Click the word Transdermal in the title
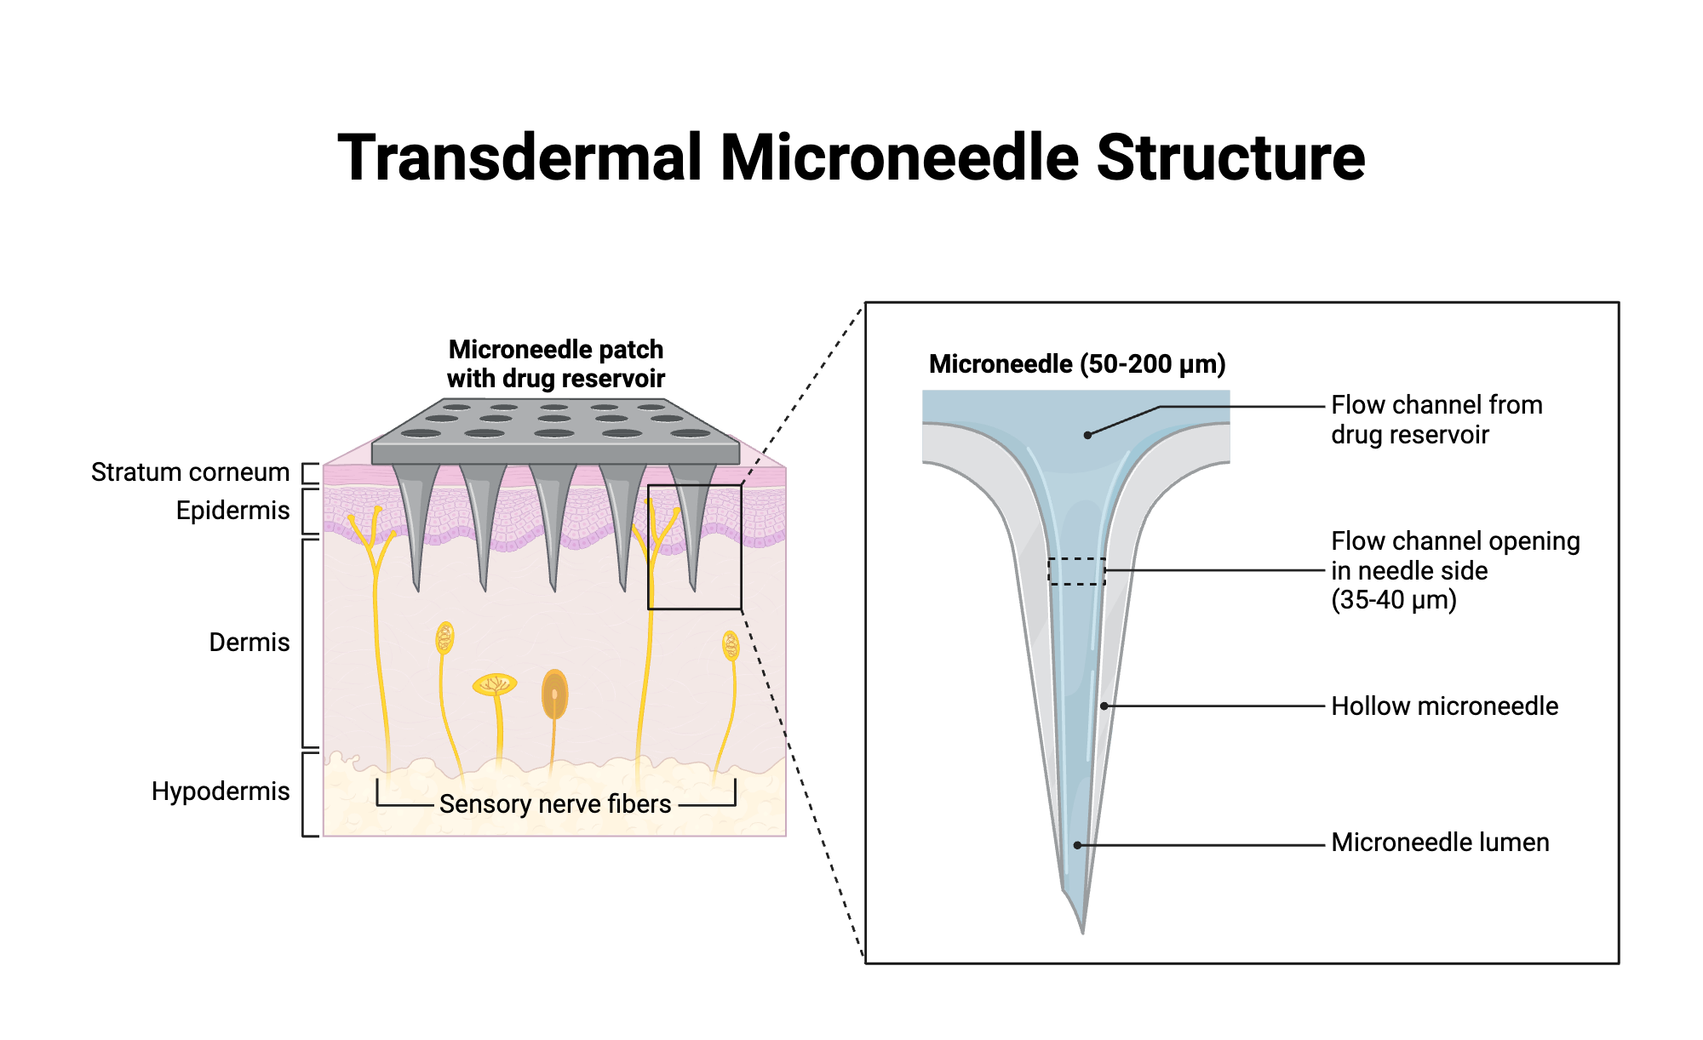click(519, 158)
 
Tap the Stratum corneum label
click(190, 472)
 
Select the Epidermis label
click(232, 511)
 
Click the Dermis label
click(249, 643)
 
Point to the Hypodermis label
click(221, 791)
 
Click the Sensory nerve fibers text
click(555, 804)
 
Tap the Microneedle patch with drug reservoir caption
click(555, 364)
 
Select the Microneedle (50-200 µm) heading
click(1077, 364)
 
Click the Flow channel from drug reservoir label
click(1436, 420)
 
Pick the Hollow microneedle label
click(1444, 706)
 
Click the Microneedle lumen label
click(1439, 843)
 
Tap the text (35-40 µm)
click(1394, 600)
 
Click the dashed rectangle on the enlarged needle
click(1076, 571)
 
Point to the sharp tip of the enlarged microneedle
click(1082, 931)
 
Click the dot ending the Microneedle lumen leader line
click(1077, 845)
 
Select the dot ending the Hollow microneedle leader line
click(1104, 706)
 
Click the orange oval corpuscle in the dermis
click(554, 694)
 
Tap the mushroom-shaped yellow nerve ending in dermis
click(495, 684)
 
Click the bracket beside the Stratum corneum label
click(310, 473)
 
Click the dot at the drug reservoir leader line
click(1087, 435)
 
